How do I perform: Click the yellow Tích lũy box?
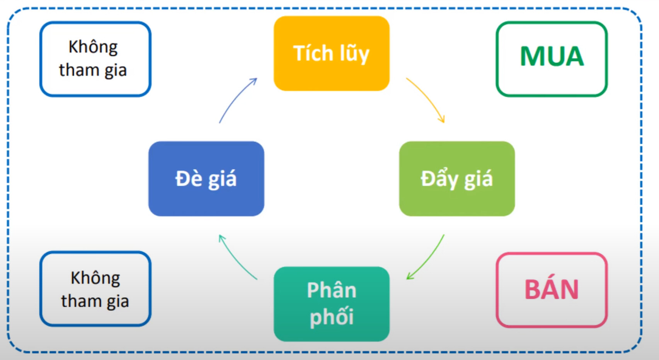331,53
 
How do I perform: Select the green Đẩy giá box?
456,178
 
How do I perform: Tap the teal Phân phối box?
331,304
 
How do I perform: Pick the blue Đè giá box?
206,178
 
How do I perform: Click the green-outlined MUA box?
552,59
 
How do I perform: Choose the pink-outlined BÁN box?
552,290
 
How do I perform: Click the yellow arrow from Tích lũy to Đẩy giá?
427,98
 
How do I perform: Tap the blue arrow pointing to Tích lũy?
236,99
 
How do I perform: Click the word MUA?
552,56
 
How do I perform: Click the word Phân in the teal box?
331,290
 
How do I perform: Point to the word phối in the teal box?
331,317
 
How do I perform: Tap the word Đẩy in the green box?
439,179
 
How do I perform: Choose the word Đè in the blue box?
188,178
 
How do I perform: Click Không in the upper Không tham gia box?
93,47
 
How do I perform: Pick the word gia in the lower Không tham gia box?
117,301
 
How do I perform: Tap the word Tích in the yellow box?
313,53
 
